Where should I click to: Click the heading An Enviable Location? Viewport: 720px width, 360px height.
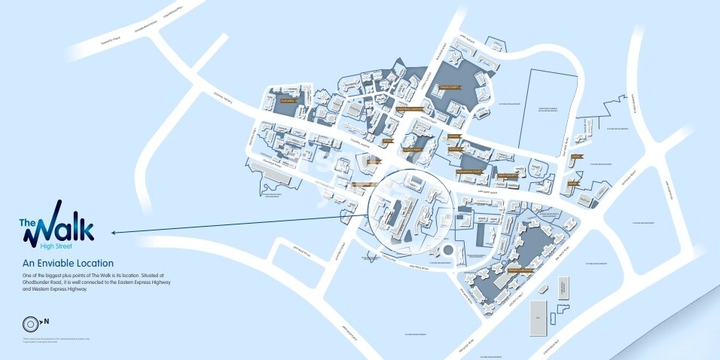click(x=68, y=263)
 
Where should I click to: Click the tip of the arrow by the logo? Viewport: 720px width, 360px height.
click(x=111, y=232)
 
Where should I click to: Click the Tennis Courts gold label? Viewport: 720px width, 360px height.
click(x=447, y=87)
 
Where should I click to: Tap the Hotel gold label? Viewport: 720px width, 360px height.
click(x=575, y=157)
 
